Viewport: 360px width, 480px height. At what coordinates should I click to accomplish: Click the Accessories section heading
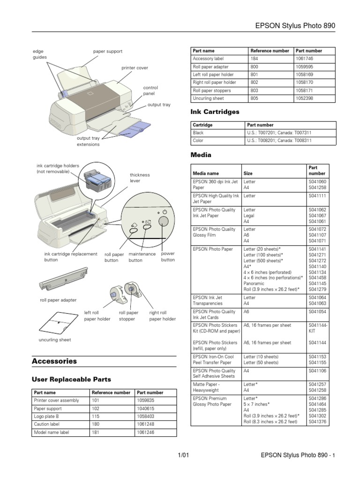tap(54, 361)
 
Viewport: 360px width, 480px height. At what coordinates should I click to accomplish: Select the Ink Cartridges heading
tap(215, 112)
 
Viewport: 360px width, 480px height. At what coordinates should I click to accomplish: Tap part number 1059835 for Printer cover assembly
tap(145, 401)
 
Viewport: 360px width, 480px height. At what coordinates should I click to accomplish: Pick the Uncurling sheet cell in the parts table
tap(208, 98)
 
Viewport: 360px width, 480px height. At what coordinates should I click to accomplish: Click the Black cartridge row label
tap(198, 133)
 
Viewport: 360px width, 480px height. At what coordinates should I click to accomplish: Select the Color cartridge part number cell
tap(279, 141)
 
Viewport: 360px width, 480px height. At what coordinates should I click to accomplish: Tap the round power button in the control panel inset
tap(164, 221)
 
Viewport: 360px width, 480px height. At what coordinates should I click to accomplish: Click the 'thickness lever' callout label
tap(140, 178)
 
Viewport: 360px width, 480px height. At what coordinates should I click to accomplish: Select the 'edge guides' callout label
tap(39, 54)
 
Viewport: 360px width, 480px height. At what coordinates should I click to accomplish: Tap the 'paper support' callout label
tap(107, 51)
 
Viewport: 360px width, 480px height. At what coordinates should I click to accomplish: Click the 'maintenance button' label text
tap(142, 257)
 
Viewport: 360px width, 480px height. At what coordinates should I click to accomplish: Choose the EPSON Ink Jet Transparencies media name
tap(208, 300)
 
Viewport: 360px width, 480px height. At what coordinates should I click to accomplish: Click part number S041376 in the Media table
tap(317, 422)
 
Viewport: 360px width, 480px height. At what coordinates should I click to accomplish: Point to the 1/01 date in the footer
tap(183, 455)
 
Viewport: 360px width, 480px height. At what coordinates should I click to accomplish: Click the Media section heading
tap(201, 155)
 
